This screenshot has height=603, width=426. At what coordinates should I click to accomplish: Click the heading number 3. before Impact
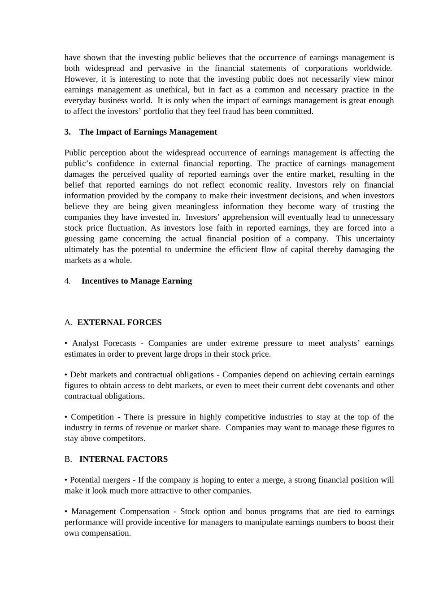click(x=67, y=132)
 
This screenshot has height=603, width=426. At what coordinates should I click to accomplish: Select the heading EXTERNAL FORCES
click(x=119, y=322)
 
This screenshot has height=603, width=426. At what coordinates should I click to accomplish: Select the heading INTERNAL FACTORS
click(x=123, y=459)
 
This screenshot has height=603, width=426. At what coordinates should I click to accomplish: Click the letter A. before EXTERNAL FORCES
click(x=68, y=322)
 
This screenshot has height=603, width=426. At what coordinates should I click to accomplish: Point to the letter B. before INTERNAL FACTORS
click(x=68, y=459)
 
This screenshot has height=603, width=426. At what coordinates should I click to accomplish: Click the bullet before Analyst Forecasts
click(x=66, y=343)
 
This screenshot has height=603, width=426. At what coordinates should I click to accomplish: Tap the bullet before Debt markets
click(x=66, y=375)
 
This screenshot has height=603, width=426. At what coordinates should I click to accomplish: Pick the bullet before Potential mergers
click(x=66, y=480)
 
